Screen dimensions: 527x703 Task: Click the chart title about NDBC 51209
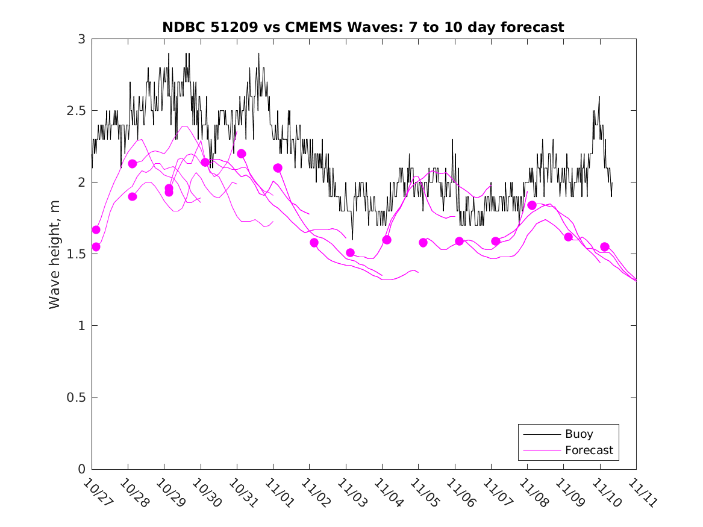pyautogui.click(x=363, y=27)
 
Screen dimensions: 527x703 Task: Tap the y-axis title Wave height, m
pyautogui.click(x=55, y=254)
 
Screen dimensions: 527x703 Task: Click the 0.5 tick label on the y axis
pyautogui.click(x=76, y=398)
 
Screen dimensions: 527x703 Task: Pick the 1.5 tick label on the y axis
pyautogui.click(x=76, y=254)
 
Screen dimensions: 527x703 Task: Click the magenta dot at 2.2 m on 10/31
pyautogui.click(x=242, y=154)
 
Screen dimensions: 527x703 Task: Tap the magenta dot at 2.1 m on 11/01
pyautogui.click(x=278, y=168)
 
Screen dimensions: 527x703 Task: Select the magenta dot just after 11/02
pyautogui.click(x=314, y=243)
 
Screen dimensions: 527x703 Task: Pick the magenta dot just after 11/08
pyautogui.click(x=532, y=205)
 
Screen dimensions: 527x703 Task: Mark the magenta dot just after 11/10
pyautogui.click(x=605, y=247)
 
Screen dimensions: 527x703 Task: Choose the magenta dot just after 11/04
pyautogui.click(x=387, y=240)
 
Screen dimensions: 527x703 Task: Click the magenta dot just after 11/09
pyautogui.click(x=568, y=237)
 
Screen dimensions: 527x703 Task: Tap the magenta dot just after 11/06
pyautogui.click(x=459, y=241)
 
